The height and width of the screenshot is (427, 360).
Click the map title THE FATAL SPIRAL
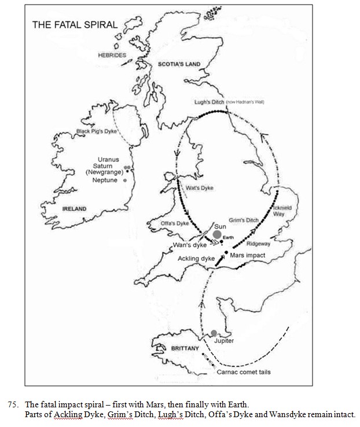[x=75, y=25]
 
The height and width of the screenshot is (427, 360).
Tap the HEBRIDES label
[x=112, y=55]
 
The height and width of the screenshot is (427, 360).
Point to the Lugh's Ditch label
[x=209, y=102]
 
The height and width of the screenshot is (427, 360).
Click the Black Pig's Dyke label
[x=97, y=132]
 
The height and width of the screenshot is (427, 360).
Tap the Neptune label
[x=105, y=181]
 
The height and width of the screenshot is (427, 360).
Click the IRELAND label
[x=74, y=209]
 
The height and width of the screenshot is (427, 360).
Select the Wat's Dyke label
[x=196, y=187]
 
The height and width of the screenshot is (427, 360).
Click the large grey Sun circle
[x=217, y=234]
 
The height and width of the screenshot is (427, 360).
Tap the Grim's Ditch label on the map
[x=243, y=220]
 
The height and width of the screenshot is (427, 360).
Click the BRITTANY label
[x=185, y=348]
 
